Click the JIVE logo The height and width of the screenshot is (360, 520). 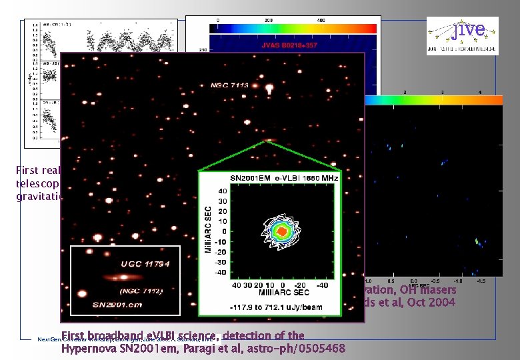466,31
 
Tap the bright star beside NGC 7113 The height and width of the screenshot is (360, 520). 269,88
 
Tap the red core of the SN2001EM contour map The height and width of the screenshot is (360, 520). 282,231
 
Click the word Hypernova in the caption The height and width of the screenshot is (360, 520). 88,347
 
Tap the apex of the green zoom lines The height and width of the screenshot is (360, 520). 269,141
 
